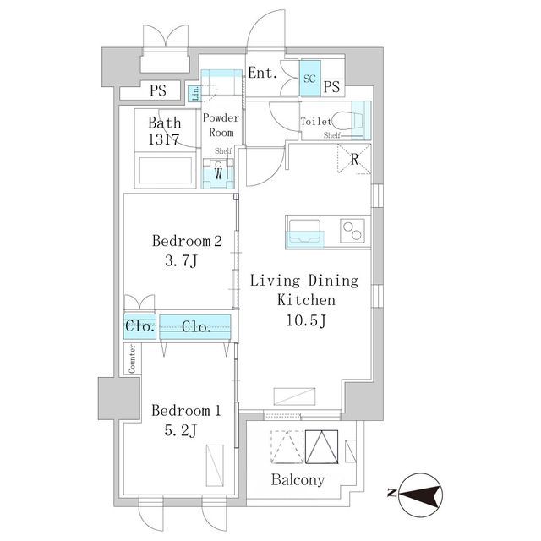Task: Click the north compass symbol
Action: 420,495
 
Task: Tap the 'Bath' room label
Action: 165,123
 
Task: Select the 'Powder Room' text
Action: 221,125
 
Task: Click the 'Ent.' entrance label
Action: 263,73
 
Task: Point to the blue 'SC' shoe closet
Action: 310,79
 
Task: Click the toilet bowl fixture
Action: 347,120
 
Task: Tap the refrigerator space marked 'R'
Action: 354,159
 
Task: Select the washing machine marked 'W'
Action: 218,173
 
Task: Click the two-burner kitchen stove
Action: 352,231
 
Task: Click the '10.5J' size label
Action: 306,321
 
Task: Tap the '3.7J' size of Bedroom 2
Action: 181,260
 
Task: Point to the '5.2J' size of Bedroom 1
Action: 180,430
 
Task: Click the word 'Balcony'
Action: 298,480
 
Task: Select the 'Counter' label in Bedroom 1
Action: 132,358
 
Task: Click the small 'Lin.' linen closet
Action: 195,94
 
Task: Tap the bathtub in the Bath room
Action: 166,171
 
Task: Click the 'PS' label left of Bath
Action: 158,90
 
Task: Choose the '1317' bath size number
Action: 164,139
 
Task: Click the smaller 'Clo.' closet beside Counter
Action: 139,326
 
